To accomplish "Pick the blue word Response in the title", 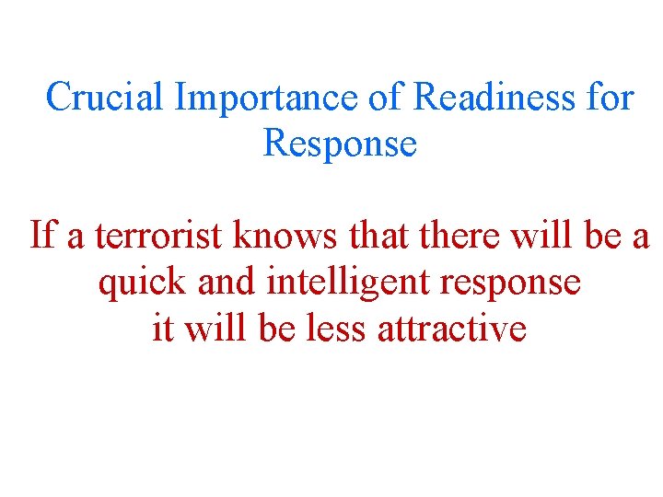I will (340, 144).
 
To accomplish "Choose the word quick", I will (143, 282).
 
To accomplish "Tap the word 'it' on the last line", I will (162, 329).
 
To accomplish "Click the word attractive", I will (451, 329).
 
